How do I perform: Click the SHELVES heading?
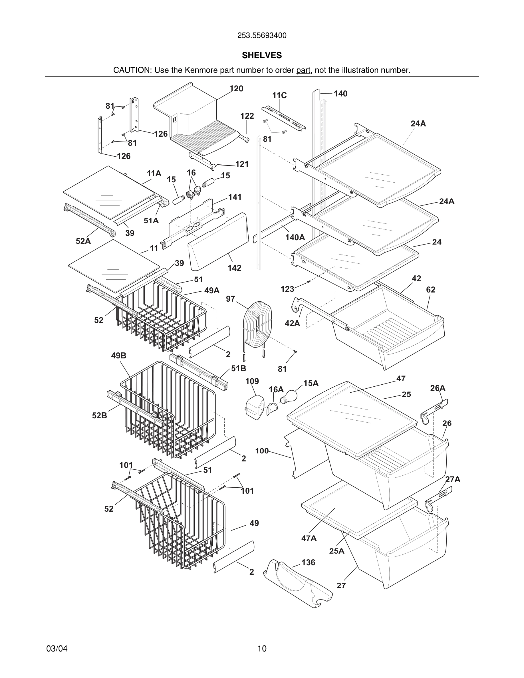click(x=262, y=55)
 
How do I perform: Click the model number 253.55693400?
click(x=262, y=36)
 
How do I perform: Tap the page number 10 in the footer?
click(x=262, y=649)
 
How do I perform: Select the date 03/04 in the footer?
click(x=57, y=649)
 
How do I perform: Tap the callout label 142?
click(x=234, y=268)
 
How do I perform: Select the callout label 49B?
click(x=118, y=356)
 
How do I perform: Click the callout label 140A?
click(x=295, y=237)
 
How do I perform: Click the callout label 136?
click(x=308, y=562)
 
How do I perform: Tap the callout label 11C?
click(x=279, y=95)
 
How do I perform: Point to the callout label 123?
click(x=287, y=289)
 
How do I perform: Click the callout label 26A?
click(x=438, y=388)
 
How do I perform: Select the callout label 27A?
click(x=453, y=480)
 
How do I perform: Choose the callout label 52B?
click(x=99, y=415)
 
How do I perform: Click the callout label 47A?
click(x=309, y=538)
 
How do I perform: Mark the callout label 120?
click(x=236, y=89)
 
